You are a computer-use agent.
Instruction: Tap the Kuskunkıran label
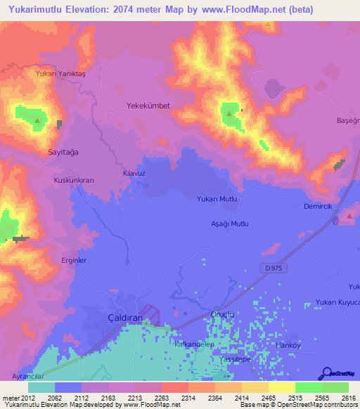click(x=74, y=180)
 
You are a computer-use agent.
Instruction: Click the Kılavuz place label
click(x=134, y=172)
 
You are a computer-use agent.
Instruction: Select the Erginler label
click(x=74, y=260)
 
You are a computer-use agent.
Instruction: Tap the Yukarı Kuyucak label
click(x=337, y=302)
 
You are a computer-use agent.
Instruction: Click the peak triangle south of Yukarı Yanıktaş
click(x=37, y=121)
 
